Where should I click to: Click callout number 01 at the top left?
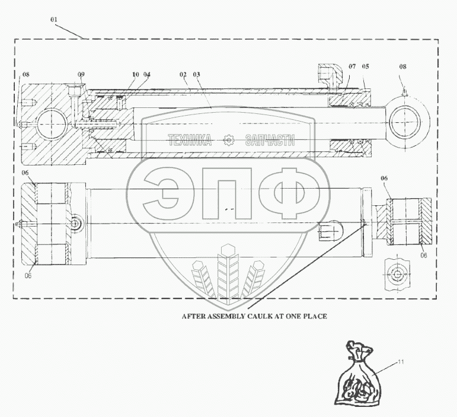[54, 20]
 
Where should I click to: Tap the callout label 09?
[81, 74]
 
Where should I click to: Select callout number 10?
[135, 74]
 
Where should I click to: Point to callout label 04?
[146, 74]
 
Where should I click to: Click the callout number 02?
[183, 74]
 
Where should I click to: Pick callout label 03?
[197, 74]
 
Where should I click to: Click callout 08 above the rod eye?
[402, 67]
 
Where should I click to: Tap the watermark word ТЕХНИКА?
[190, 141]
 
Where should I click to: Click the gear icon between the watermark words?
[229, 141]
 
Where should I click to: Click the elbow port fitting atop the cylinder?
[328, 74]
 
